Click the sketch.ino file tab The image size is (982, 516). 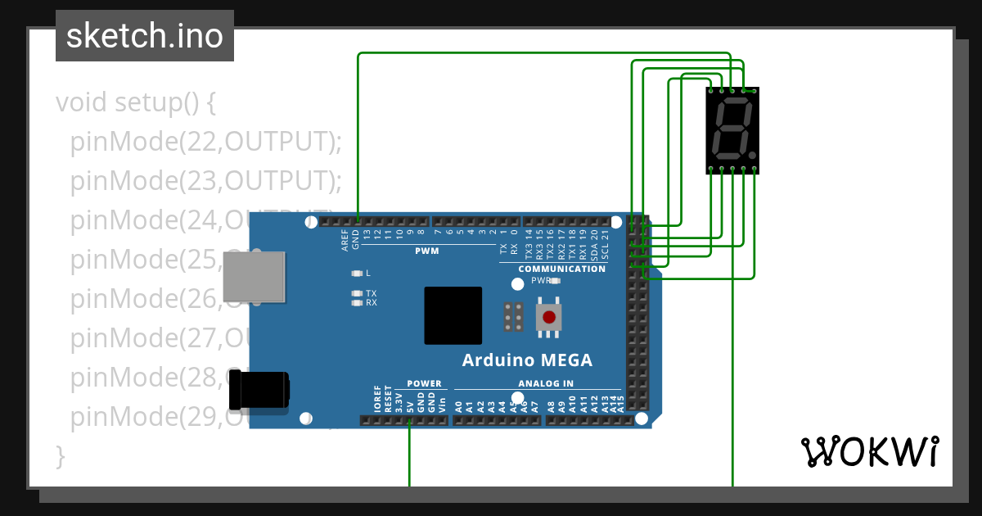click(145, 36)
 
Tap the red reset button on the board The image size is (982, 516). click(548, 317)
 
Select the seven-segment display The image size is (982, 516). click(732, 130)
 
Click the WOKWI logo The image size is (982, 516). click(870, 451)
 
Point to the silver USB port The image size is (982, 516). click(254, 277)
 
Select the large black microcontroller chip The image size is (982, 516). click(453, 315)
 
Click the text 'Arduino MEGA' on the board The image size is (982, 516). click(527, 360)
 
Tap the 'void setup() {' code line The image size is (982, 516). click(136, 103)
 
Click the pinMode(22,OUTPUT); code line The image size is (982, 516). click(205, 142)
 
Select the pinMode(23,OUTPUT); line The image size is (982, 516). click(205, 181)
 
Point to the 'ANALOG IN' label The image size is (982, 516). click(545, 383)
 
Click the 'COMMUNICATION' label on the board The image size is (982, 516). click(562, 269)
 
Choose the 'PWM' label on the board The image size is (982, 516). click(426, 251)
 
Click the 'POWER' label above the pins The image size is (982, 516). click(424, 383)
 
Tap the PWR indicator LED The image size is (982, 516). click(556, 280)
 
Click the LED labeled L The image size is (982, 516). click(356, 274)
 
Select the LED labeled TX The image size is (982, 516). click(356, 293)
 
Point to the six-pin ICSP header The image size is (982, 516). click(514, 316)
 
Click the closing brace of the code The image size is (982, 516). click(59, 455)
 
